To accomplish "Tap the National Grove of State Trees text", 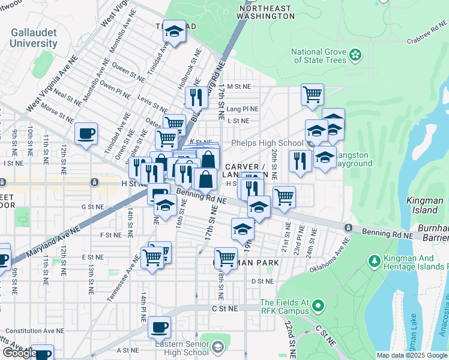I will [318, 56].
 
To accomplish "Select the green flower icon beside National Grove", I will [356, 56].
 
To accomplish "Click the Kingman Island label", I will [421, 206].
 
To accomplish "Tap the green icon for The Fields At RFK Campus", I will [318, 307].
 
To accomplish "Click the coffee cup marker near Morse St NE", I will [86, 133].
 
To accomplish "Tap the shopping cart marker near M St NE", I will [312, 94].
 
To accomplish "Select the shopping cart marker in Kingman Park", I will [226, 257].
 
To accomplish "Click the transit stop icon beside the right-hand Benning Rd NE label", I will [348, 227].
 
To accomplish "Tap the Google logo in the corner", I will [19, 353].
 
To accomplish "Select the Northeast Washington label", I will [266, 13].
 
